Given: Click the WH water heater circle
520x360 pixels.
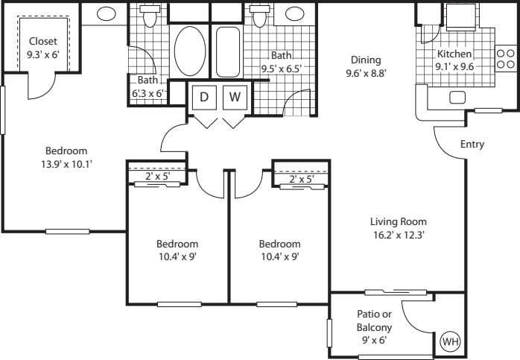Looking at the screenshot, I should coord(450,342).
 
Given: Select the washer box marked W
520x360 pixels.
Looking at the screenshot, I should coord(235,96).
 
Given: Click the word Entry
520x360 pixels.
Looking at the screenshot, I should coord(472,144).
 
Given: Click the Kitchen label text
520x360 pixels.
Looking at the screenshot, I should coord(454,54).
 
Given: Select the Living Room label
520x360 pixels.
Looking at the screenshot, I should coord(399,221).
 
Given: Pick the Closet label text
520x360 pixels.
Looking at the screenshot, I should coord(43,41).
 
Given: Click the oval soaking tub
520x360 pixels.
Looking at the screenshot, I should coord(190,51).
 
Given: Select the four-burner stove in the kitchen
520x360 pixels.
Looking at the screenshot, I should coord(506,59).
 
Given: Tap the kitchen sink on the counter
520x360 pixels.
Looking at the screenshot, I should coord(457,97).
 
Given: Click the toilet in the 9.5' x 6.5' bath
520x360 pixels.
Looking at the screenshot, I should coord(259,15).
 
